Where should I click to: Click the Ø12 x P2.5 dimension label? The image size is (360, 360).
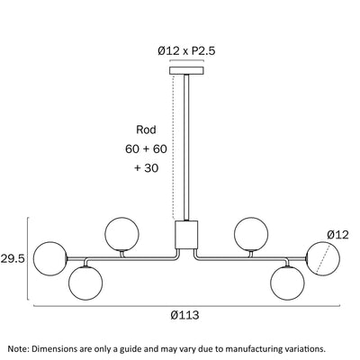click(186, 51)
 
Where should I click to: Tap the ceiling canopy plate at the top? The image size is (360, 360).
click(186, 70)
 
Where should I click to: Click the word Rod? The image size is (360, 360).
click(146, 130)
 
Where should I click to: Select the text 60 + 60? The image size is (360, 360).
click(146, 148)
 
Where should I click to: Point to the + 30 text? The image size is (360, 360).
click(146, 168)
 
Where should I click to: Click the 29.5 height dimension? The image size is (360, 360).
click(13, 258)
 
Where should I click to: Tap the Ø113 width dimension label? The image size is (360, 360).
click(184, 315)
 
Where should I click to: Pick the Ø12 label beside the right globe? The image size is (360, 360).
click(338, 235)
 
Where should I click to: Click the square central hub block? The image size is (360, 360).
click(186, 235)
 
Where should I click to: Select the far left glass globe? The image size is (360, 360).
click(49, 258)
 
